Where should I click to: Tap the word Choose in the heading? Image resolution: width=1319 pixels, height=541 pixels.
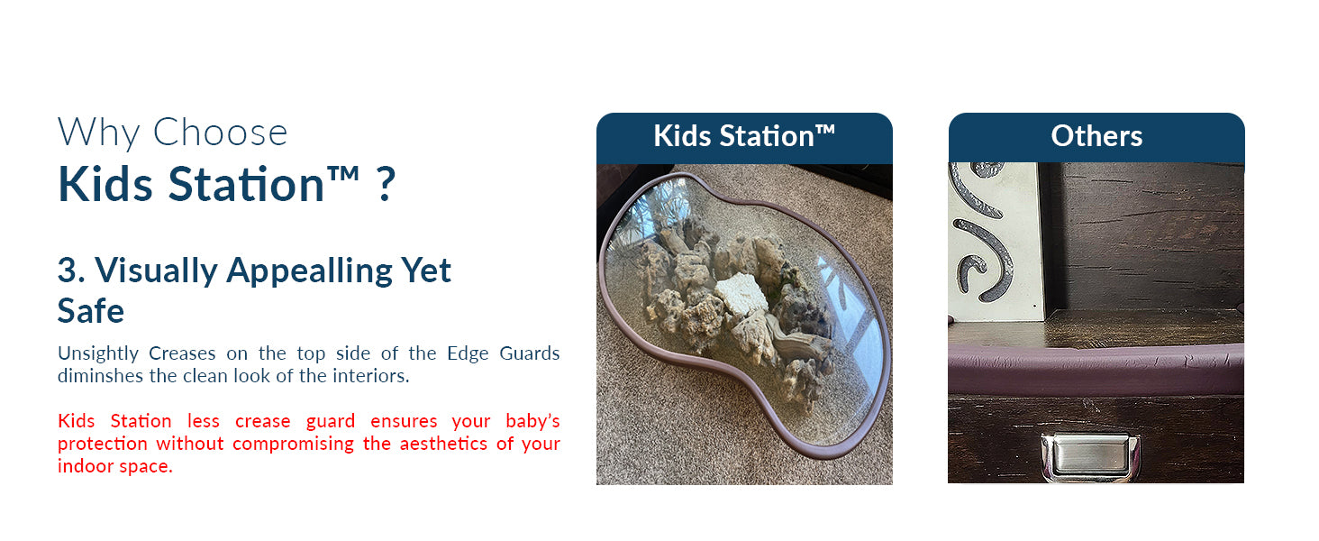220,133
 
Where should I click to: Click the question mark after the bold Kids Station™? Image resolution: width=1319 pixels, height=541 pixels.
385,183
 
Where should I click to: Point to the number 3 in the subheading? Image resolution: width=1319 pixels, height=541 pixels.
68,270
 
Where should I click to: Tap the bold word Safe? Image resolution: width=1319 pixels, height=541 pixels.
91,311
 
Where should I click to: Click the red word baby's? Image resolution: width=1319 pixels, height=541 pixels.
532,421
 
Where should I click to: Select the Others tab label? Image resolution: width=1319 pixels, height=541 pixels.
1096,136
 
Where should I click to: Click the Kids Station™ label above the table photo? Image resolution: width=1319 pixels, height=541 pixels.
744,136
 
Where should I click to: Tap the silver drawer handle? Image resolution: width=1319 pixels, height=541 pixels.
1090,455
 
